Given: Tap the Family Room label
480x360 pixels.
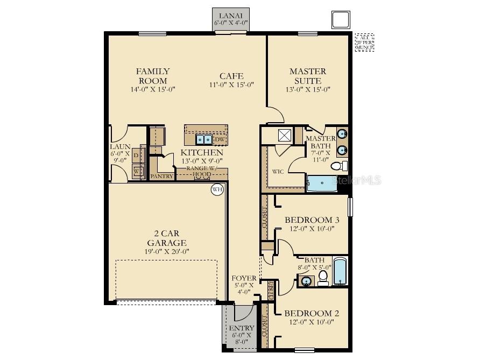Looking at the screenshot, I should [x=153, y=76].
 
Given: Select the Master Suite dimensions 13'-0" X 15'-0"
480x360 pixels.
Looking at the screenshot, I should [x=308, y=90].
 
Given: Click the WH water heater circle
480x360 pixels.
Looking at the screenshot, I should [x=217, y=189].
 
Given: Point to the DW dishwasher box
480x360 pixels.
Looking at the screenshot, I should [x=220, y=140].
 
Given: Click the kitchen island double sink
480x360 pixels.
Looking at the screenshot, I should [x=203, y=140].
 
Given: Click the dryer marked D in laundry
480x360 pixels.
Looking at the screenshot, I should [x=136, y=156].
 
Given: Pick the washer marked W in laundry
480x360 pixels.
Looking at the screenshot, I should [x=136, y=171].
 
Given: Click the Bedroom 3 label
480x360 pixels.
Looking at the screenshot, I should [x=312, y=220].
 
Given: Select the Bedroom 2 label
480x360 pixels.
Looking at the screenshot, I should [x=312, y=313].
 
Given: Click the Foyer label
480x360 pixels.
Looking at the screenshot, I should [x=244, y=278].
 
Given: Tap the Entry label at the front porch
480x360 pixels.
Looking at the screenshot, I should [x=242, y=328].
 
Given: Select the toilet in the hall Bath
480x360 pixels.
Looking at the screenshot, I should [x=323, y=277].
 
